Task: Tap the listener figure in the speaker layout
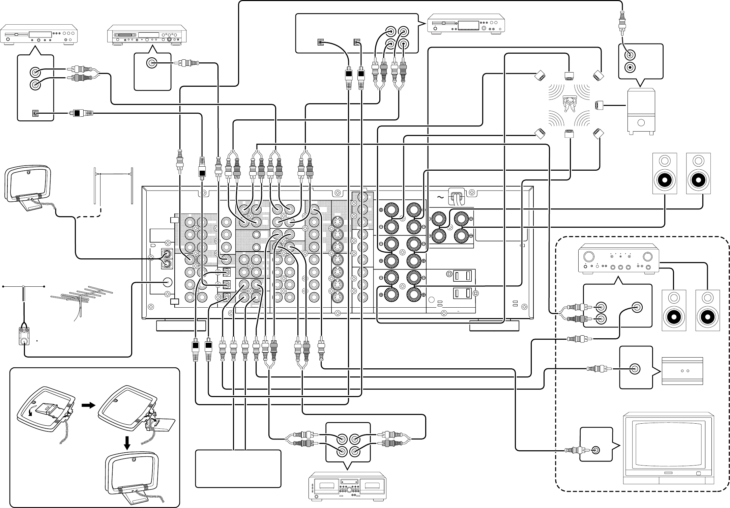[x=570, y=104]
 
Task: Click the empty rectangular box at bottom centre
[x=238, y=469]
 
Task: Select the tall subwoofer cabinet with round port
[x=641, y=111]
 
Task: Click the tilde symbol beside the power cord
[x=440, y=198]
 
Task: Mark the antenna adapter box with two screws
[x=24, y=336]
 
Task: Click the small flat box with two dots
[x=682, y=371]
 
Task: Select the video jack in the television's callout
[x=596, y=450]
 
